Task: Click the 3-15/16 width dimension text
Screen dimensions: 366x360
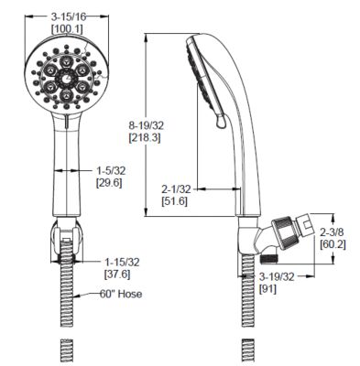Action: tap(70, 16)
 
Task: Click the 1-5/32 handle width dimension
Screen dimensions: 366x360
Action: tap(113, 169)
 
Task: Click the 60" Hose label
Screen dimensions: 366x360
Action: tap(120, 295)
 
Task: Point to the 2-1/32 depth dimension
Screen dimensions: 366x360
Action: tap(177, 186)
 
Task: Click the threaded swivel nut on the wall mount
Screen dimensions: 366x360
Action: tap(294, 235)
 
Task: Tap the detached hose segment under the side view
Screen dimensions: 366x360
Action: tap(247, 349)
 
